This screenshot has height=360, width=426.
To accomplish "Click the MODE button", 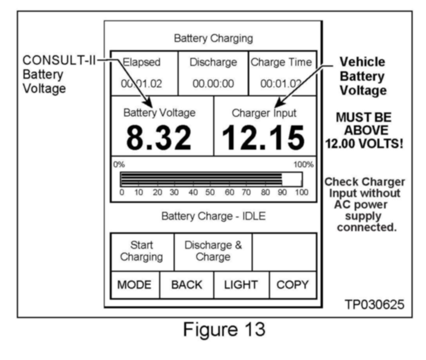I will pyautogui.click(x=135, y=285).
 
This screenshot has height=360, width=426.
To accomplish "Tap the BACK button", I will pyautogui.click(x=187, y=285).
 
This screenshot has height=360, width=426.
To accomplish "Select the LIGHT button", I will pyautogui.click(x=241, y=285).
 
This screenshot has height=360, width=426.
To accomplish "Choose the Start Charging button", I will pyautogui.click(x=141, y=251).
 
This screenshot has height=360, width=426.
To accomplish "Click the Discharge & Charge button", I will pyautogui.click(x=213, y=251).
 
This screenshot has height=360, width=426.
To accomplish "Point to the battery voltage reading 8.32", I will pyautogui.click(x=159, y=137).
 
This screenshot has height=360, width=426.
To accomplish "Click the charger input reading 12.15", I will pyautogui.click(x=263, y=137).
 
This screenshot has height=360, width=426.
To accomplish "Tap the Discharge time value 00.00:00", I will pyautogui.click(x=213, y=83).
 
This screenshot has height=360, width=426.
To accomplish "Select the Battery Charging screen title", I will pyautogui.click(x=213, y=38).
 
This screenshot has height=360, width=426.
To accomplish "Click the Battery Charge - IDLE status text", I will pyautogui.click(x=213, y=217).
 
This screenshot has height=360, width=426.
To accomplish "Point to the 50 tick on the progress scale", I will pyautogui.click(x=210, y=192).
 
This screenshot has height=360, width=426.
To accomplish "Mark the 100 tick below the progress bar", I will pyautogui.click(x=301, y=192).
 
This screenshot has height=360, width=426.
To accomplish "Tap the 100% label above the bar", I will pyautogui.click(x=304, y=165).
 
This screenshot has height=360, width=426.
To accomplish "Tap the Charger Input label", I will pyautogui.click(x=264, y=113).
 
